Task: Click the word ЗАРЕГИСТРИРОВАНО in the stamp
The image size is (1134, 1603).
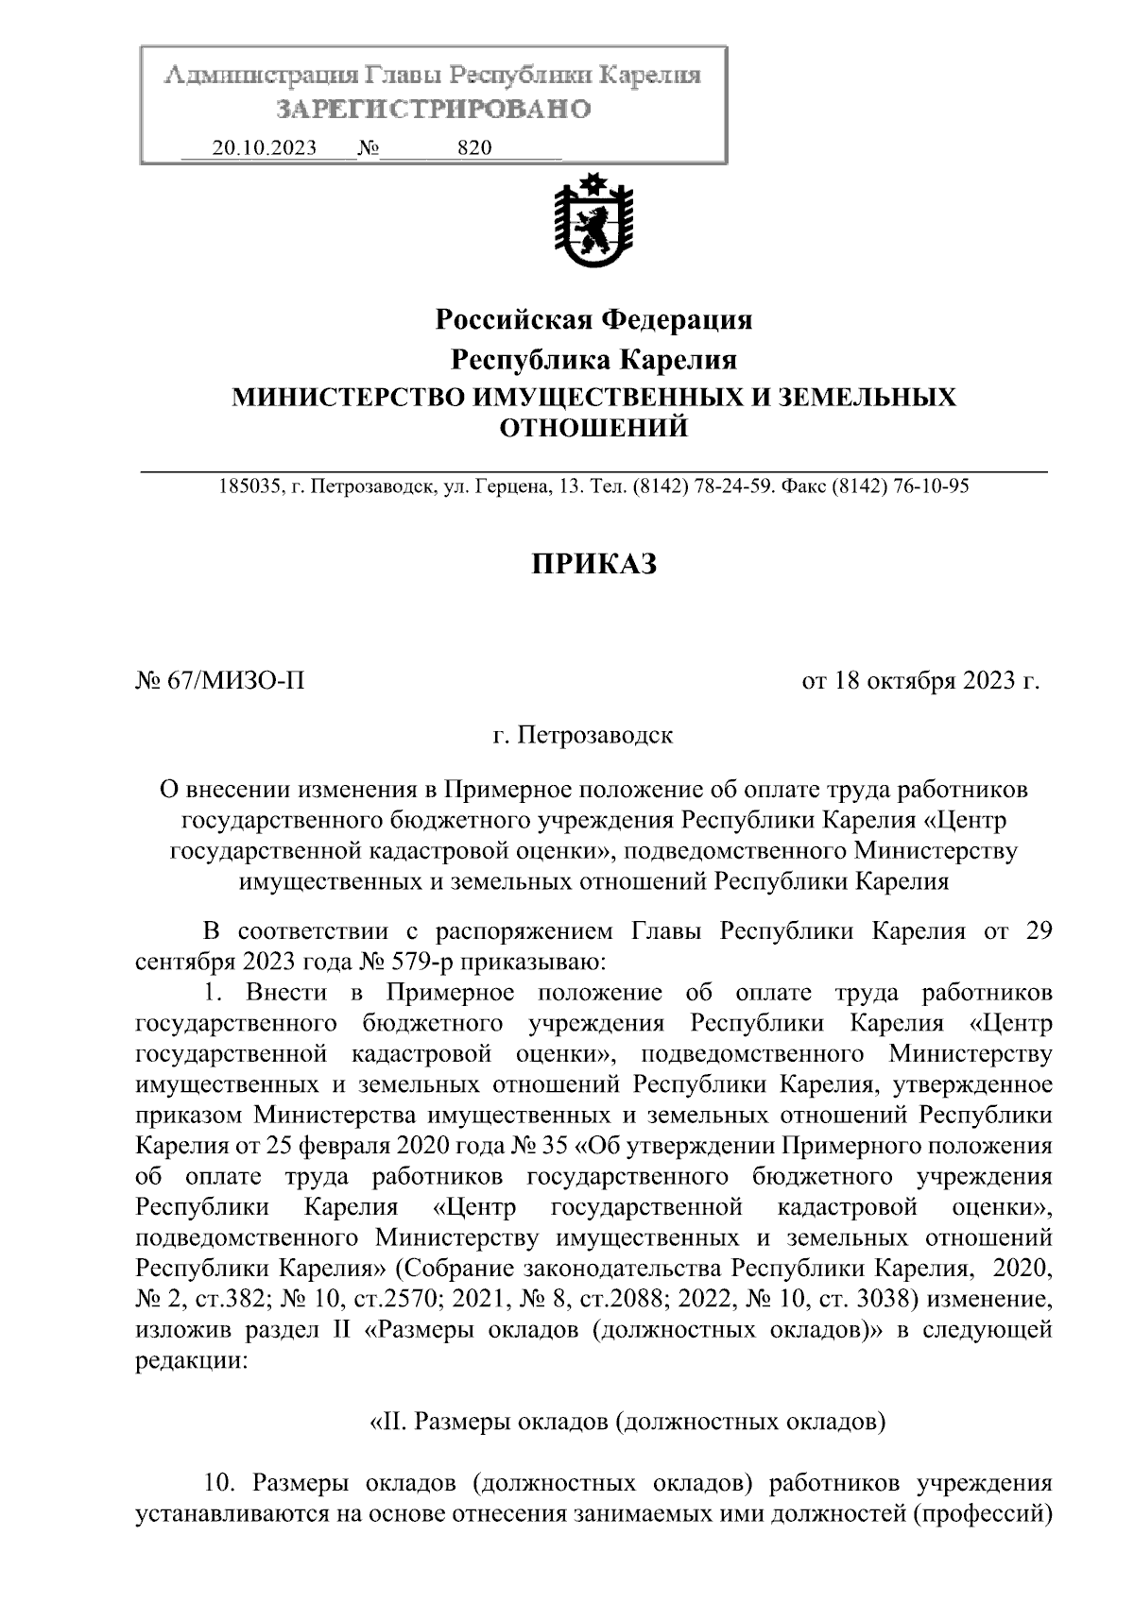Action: pos(433,110)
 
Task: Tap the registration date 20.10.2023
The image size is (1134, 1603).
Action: pos(264,148)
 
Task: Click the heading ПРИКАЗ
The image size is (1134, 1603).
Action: pos(593,564)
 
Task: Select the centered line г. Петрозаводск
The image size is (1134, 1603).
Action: pos(583,734)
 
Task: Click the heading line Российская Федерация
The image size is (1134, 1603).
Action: pos(593,320)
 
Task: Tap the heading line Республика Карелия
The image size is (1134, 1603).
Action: pos(593,360)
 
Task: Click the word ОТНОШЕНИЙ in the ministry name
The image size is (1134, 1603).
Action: pos(593,430)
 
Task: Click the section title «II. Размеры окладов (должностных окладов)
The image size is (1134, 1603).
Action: pos(626,1420)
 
